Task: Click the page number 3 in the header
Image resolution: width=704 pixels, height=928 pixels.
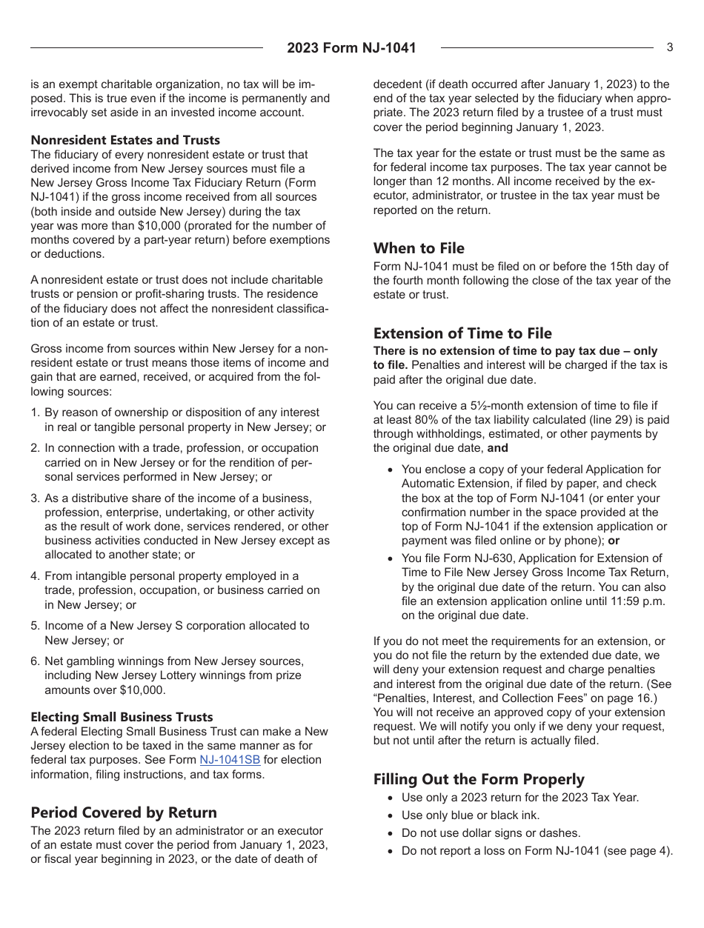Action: click(669, 47)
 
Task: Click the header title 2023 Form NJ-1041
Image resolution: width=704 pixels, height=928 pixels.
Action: click(351, 48)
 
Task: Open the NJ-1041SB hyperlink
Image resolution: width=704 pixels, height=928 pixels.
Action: click(230, 760)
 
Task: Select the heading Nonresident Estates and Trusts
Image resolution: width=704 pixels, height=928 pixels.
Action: click(125, 140)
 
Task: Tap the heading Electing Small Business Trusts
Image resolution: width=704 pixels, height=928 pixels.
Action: click(122, 717)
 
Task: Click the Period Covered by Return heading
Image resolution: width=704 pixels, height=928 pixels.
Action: click(124, 812)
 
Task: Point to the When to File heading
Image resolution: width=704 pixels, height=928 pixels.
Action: click(419, 248)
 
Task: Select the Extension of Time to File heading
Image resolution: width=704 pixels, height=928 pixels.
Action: click(462, 333)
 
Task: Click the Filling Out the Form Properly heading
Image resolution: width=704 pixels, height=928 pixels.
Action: click(479, 779)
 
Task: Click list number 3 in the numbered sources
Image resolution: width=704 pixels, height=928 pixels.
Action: click(35, 498)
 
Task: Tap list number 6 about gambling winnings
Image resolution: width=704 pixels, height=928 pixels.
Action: click(35, 661)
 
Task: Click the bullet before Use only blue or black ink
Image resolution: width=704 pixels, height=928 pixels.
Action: click(391, 815)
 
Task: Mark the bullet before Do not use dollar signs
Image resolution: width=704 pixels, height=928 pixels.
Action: click(391, 833)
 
